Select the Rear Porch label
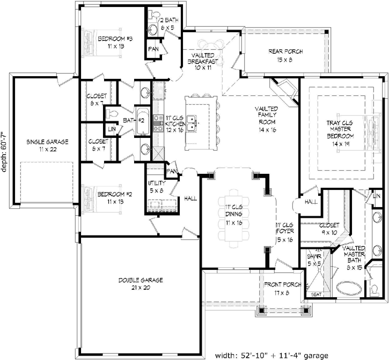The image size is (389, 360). point(286,56)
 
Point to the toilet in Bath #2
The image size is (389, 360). point(111,113)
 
